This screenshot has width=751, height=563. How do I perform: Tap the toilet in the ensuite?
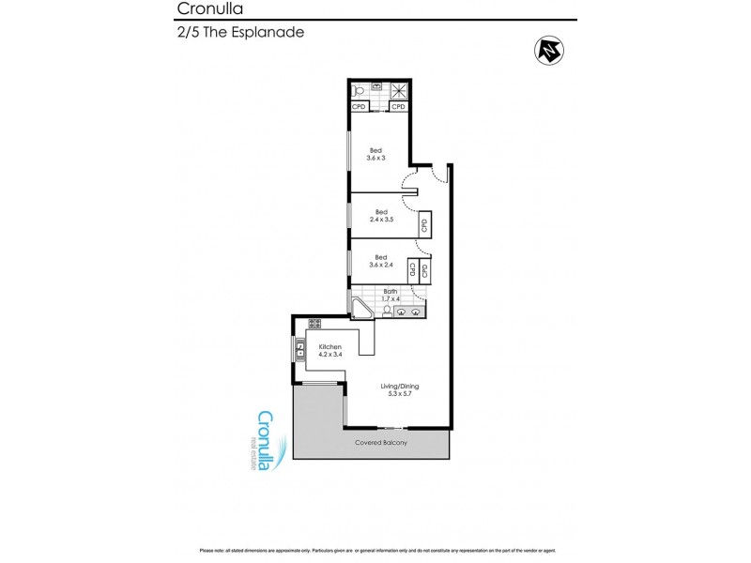(x=358, y=90)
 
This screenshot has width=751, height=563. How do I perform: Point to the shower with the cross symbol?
(x=399, y=90)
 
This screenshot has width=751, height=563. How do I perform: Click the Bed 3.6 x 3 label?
(x=375, y=154)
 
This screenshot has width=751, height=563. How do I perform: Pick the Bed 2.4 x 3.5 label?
(x=381, y=216)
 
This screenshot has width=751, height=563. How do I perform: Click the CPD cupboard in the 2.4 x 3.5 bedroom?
(x=424, y=225)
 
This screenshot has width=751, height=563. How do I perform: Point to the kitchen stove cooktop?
(x=315, y=324)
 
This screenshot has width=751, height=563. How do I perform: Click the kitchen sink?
(x=300, y=350)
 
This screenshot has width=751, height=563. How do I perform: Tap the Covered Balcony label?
(x=380, y=443)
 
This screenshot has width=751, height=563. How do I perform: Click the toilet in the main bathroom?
(x=387, y=312)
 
